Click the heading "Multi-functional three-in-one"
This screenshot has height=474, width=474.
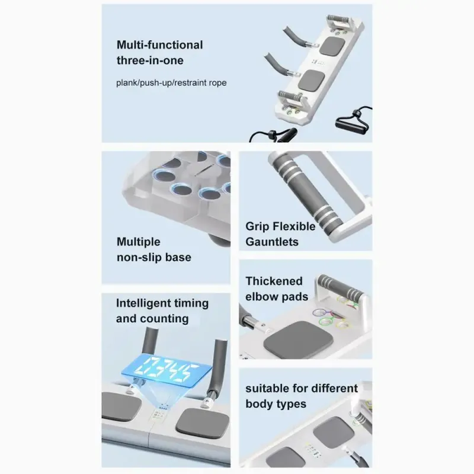159,53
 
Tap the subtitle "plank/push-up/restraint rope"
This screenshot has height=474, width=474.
171,83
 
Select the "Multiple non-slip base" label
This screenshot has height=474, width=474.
154,249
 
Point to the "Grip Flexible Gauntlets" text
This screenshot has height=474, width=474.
280,234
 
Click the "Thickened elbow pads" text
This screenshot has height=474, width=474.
277,289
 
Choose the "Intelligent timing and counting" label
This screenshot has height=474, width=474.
162,310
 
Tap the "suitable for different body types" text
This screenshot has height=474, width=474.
302,396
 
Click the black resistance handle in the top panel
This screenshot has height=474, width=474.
352,124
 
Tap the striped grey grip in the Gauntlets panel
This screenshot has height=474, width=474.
306,193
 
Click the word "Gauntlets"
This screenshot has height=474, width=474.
272,242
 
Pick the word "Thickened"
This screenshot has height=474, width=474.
274,281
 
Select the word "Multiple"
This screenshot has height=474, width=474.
139,242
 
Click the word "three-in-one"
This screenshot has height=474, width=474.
150,60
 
